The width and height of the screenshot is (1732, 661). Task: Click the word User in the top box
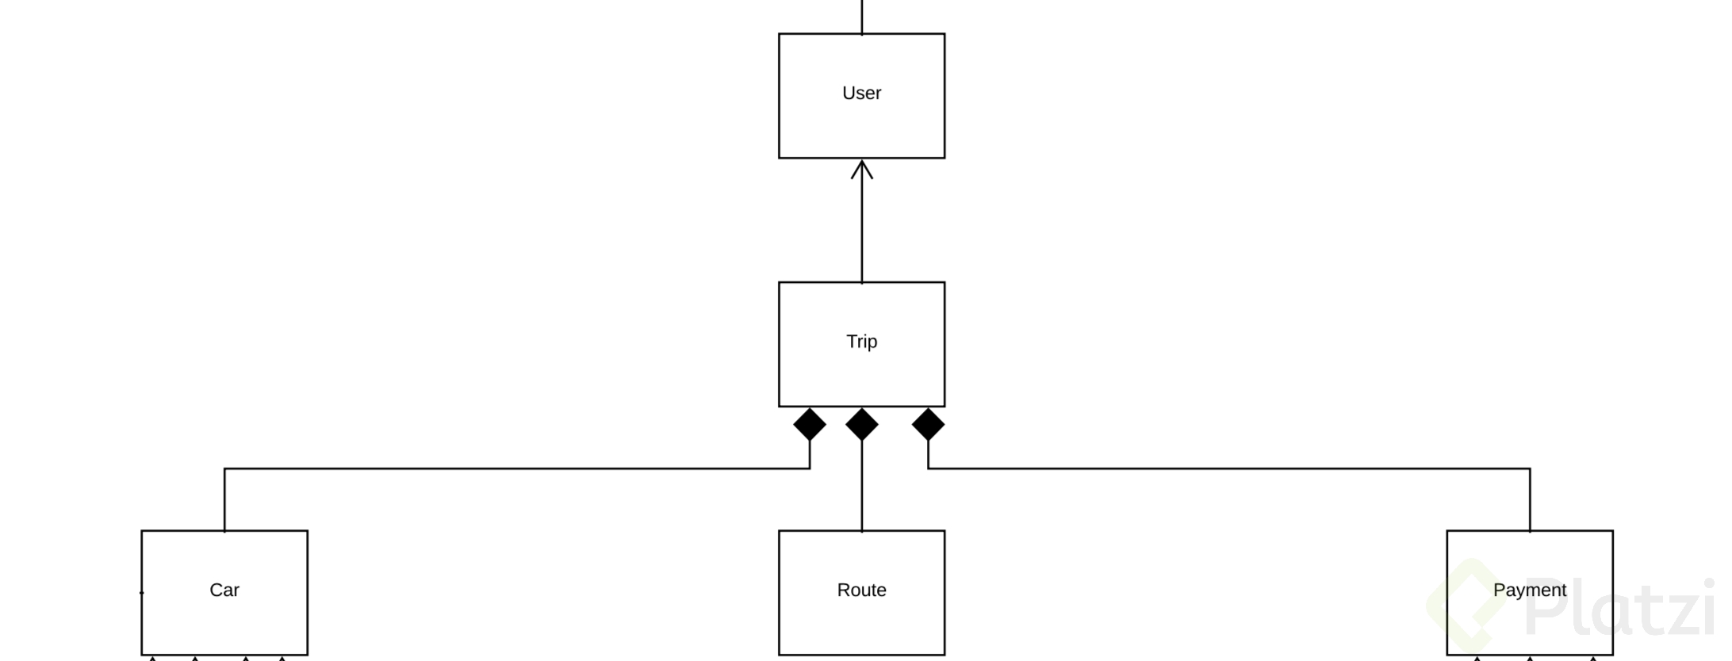pos(861,94)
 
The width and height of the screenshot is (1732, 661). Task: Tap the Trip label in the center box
pos(861,342)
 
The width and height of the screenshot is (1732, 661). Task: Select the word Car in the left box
pos(224,590)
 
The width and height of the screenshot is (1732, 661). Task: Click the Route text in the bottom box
pos(861,590)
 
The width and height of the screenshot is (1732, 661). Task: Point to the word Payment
pos(1529,590)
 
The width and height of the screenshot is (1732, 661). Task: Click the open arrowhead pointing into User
pos(862,169)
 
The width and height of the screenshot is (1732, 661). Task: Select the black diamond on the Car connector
pos(810,425)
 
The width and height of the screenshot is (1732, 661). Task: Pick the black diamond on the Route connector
pos(862,425)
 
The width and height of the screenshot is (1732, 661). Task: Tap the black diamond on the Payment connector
pos(928,425)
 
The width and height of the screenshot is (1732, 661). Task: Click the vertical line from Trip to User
pos(862,230)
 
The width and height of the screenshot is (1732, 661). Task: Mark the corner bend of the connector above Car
pos(225,469)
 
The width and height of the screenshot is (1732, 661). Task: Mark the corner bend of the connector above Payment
pos(1530,469)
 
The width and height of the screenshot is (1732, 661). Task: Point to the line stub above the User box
pos(862,16)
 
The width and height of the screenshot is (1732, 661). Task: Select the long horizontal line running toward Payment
pos(1229,469)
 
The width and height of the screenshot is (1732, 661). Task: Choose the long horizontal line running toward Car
pos(515,469)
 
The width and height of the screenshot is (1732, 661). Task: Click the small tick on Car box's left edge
pos(142,592)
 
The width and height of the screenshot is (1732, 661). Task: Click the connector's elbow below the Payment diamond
pos(929,468)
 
